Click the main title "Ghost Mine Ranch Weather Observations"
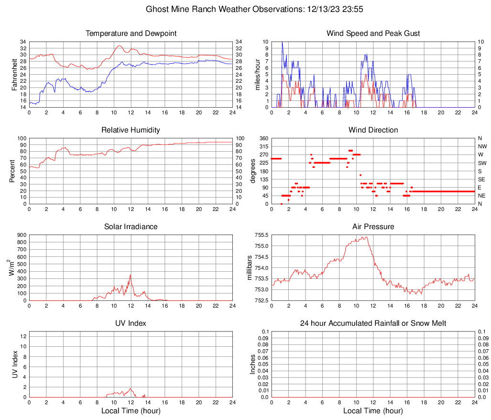(224, 9)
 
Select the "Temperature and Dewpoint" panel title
(131, 33)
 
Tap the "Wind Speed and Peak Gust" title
(373, 33)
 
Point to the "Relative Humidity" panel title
(131, 130)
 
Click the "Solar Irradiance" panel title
(131, 226)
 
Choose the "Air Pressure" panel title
(373, 226)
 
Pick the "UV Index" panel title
(131, 323)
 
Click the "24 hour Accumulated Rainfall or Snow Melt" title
(373, 323)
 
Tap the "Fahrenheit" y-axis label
(14, 74)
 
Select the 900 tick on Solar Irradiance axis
(22, 235)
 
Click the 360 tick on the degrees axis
(263, 138)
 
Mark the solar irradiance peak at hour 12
(130, 275)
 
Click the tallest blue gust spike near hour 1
(282, 43)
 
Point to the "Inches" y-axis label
(253, 364)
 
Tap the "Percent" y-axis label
(12, 171)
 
